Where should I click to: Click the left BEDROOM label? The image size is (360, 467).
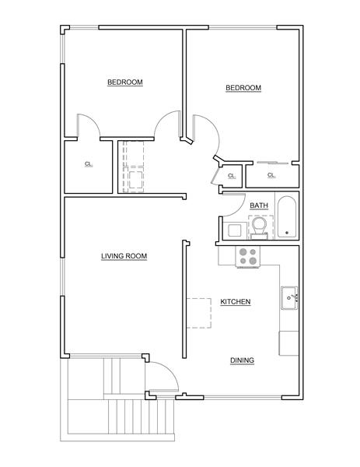click(x=124, y=83)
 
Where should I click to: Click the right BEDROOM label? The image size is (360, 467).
click(x=243, y=88)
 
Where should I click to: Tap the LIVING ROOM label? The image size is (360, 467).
click(x=124, y=256)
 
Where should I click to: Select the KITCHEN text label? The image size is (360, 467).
click(x=235, y=302)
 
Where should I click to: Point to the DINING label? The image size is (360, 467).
click(x=242, y=360)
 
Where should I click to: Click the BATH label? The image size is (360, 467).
click(x=258, y=205)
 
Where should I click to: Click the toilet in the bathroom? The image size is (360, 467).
click(x=259, y=226)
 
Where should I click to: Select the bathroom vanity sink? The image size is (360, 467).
click(x=233, y=231)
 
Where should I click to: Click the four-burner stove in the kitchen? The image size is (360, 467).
click(x=248, y=257)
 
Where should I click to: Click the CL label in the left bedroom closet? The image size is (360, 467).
click(x=88, y=164)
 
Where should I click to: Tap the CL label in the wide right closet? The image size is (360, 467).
click(x=271, y=175)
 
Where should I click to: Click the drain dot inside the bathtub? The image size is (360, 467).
click(x=287, y=232)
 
